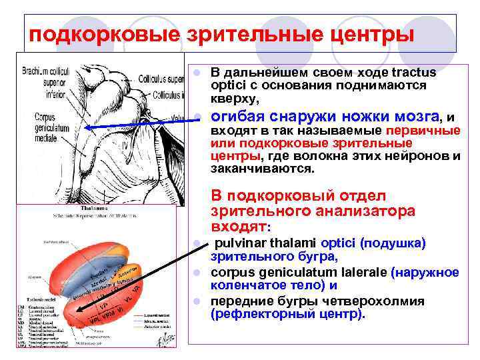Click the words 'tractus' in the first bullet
tap(413, 72)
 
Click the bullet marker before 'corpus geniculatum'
tap(198, 273)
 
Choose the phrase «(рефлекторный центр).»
tap(288, 313)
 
